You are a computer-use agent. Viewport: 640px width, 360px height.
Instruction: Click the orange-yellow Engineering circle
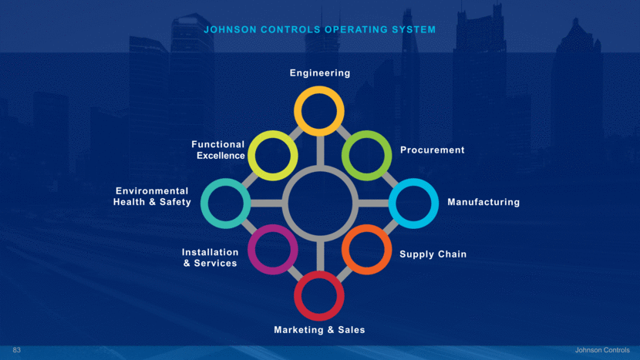click(x=319, y=111)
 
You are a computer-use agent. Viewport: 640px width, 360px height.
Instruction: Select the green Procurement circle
click(x=366, y=155)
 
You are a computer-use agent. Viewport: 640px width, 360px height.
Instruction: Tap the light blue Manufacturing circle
click(x=413, y=203)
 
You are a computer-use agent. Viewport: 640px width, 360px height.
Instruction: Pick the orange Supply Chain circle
click(x=366, y=250)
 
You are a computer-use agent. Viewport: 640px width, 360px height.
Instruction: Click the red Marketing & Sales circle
click(x=319, y=296)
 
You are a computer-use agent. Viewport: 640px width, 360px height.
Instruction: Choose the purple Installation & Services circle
click(x=273, y=250)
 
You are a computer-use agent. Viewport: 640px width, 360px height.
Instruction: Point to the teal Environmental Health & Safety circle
click(x=225, y=203)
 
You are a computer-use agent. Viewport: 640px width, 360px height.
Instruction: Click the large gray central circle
click(x=319, y=203)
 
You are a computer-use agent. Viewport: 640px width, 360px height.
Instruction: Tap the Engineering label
click(x=320, y=73)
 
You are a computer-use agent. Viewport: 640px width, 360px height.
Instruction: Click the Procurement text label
click(x=432, y=150)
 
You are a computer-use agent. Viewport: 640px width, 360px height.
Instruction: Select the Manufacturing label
click(x=483, y=203)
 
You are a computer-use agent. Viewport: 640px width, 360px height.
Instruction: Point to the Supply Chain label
click(x=433, y=254)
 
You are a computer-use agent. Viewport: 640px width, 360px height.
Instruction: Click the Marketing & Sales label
click(x=319, y=330)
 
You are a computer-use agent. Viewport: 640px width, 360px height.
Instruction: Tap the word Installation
click(x=210, y=252)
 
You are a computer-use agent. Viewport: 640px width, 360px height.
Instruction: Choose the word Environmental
click(x=152, y=191)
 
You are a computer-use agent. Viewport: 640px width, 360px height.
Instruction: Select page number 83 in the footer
click(x=17, y=351)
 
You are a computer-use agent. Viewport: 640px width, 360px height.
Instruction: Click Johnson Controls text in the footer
click(x=602, y=351)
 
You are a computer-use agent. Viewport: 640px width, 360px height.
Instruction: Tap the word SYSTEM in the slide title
click(x=414, y=30)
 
